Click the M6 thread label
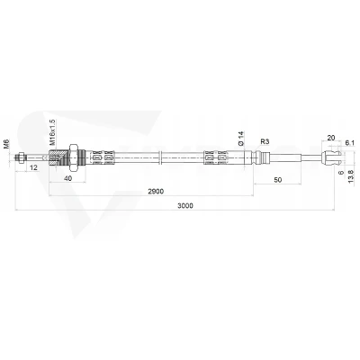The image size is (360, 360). coord(7,144)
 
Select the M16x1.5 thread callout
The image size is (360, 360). coord(52,132)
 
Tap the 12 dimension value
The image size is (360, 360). coord(34,167)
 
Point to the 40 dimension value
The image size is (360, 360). coord(68,178)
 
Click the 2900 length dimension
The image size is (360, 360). coord(156,192)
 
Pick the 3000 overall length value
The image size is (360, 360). coord(185,205)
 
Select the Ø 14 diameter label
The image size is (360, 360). coord(241,139)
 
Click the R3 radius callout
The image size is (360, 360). coord(265,141)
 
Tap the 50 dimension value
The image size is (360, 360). coord(278,180)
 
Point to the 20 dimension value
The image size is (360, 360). coord(331,138)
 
